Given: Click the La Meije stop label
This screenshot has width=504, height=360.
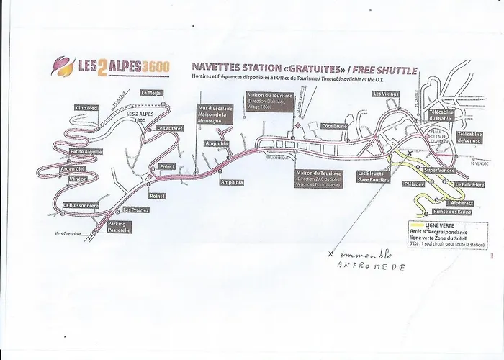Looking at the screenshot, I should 150,92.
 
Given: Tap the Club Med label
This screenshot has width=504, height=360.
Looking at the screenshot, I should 86,108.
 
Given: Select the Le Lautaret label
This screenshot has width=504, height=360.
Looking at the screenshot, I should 169,128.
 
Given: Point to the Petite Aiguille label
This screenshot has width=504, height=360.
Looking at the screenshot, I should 86,152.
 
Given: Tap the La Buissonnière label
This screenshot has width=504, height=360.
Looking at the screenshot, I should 81,205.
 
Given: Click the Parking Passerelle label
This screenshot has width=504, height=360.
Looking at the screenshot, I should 119,227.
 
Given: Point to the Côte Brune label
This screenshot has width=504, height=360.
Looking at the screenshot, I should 336,126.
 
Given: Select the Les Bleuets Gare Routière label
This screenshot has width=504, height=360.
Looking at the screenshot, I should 374,176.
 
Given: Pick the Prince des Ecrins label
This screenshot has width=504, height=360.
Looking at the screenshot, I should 451,212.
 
